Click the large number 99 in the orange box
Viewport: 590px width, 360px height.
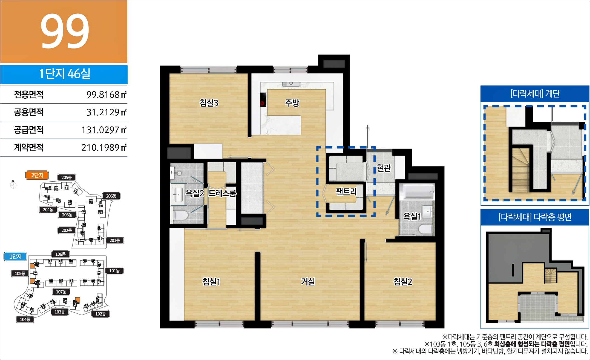coord(65,31)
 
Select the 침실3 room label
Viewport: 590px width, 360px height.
coord(209,103)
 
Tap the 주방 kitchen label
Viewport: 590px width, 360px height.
coord(292,103)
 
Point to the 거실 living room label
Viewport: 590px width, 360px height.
coord(308,281)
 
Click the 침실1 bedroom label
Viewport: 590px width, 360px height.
coord(211,281)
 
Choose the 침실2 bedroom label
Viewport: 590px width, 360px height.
coord(403,281)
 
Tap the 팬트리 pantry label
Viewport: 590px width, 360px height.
coord(346,191)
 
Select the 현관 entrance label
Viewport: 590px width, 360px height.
coord(384,168)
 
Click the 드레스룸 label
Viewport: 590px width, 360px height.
coord(222,193)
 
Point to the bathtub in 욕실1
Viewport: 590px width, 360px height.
coord(417,192)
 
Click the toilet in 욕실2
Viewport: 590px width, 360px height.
coord(180,215)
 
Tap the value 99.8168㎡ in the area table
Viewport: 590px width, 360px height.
coord(106,95)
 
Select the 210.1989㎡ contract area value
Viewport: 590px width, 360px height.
coord(104,148)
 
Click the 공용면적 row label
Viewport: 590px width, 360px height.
coord(29,112)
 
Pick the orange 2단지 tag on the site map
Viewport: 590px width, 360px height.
coord(37,175)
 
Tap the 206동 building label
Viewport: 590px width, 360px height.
coord(111,196)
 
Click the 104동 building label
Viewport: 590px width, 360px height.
coord(25,319)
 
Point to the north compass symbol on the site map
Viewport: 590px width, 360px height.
coord(13,185)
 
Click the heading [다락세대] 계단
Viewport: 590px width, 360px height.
coord(535,94)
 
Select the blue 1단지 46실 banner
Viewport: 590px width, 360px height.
coord(64,74)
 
